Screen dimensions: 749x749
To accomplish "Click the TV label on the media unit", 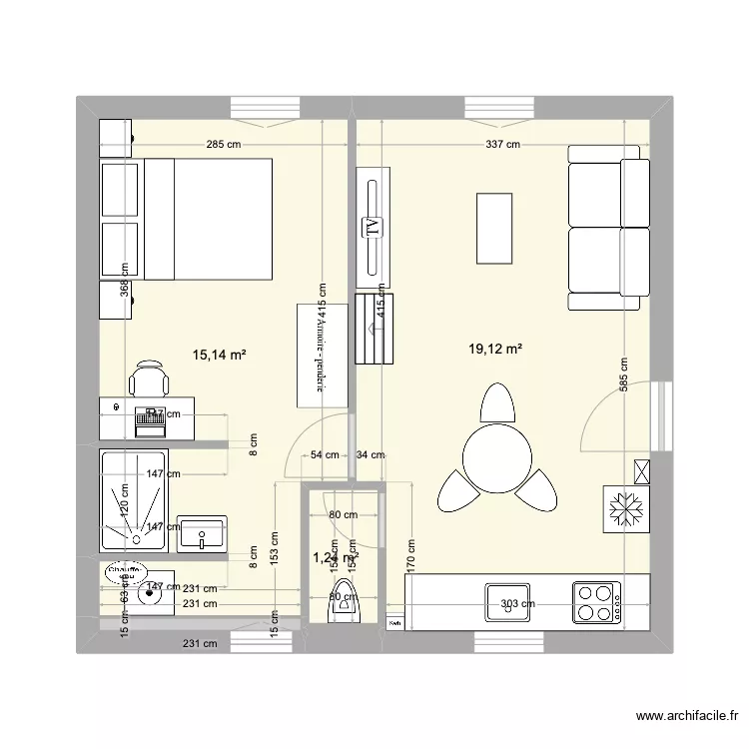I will coord(373,227).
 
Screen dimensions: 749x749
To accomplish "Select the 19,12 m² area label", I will coord(496,349).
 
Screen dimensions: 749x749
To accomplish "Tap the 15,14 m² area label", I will coord(219,353).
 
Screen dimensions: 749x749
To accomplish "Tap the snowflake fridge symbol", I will coord(626,510).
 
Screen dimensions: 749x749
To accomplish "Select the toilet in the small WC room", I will coord(342,602).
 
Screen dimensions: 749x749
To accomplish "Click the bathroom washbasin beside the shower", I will coord(203,534).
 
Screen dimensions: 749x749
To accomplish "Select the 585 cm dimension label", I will coord(623,377).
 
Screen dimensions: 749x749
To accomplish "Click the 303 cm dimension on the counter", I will coord(518,603).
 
